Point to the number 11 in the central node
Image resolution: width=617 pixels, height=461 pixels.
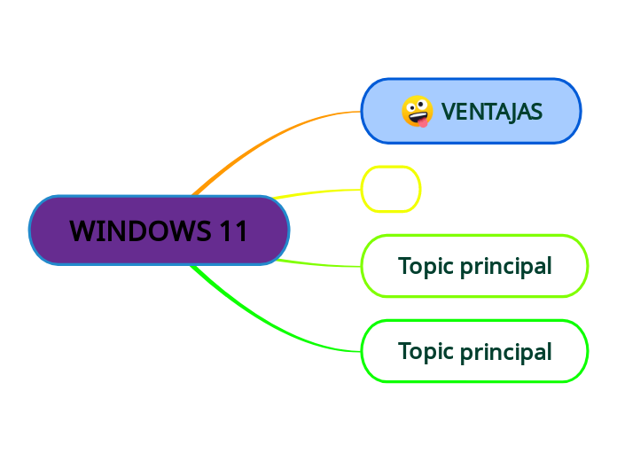tap(233, 230)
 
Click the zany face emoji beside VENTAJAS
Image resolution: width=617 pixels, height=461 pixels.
tap(417, 112)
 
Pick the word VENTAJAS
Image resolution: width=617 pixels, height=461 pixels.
tap(491, 112)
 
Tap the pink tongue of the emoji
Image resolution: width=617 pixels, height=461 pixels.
tap(423, 121)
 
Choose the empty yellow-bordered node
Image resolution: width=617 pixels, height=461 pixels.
tap(390, 189)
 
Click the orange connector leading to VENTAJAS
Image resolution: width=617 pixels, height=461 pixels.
tap(266, 142)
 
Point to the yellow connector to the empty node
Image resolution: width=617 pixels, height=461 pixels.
tap(319, 191)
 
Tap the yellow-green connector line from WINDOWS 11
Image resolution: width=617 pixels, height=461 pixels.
tap(319, 264)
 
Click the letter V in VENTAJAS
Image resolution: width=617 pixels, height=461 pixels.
tap(448, 112)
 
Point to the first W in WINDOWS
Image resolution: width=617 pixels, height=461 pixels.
tap(82, 230)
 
